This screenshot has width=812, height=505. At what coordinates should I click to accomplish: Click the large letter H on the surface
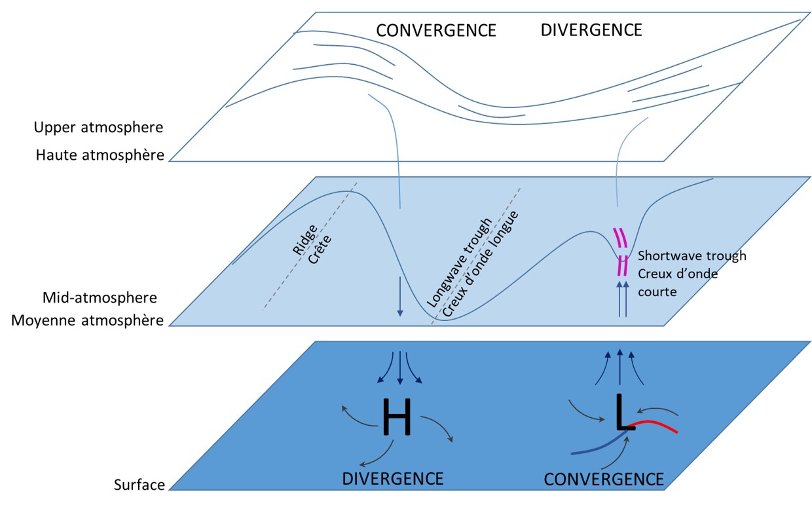[x=397, y=417]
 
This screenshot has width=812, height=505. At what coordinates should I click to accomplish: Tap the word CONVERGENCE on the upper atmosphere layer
[x=435, y=30]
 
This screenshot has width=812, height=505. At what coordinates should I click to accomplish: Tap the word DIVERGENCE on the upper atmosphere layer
[x=591, y=30]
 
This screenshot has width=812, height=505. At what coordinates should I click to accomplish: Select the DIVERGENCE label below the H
[x=392, y=478]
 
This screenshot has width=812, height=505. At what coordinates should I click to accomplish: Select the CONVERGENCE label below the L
[x=604, y=479]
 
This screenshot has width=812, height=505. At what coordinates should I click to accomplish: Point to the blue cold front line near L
[x=596, y=445]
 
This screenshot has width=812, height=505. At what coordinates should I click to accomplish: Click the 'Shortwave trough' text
[x=692, y=256]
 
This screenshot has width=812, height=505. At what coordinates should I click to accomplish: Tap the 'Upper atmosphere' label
[x=98, y=126]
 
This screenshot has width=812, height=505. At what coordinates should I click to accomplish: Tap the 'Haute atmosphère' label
[x=98, y=156]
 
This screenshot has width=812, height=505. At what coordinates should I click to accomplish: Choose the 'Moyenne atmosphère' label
[x=98, y=322]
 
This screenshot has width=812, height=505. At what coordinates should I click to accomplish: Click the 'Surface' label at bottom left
[x=139, y=485]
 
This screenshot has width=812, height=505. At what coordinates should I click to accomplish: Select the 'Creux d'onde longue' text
[x=479, y=267]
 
